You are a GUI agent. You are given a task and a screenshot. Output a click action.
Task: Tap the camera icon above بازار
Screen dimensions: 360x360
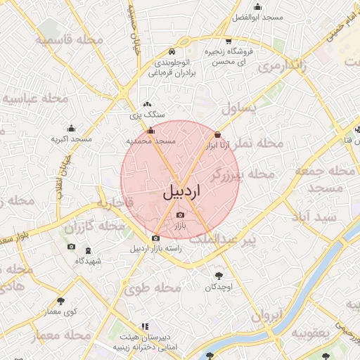[181, 214]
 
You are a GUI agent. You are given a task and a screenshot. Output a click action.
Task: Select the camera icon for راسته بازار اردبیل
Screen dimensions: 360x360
[156, 238]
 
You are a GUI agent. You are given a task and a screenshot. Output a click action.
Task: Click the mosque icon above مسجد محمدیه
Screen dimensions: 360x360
[150, 130]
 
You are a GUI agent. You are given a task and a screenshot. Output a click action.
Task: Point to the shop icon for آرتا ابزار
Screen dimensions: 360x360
[217, 134]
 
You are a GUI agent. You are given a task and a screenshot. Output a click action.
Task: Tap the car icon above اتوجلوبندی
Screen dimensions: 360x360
[172, 51]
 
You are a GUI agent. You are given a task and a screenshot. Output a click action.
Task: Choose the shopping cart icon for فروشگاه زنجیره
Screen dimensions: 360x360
[229, 40]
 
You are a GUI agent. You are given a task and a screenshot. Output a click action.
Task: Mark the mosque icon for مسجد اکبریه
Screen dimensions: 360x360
[71, 128]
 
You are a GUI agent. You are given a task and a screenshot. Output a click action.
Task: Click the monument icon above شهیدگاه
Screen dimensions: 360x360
[88, 250]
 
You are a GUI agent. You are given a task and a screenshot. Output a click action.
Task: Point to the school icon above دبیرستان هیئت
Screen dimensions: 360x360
[145, 327]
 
